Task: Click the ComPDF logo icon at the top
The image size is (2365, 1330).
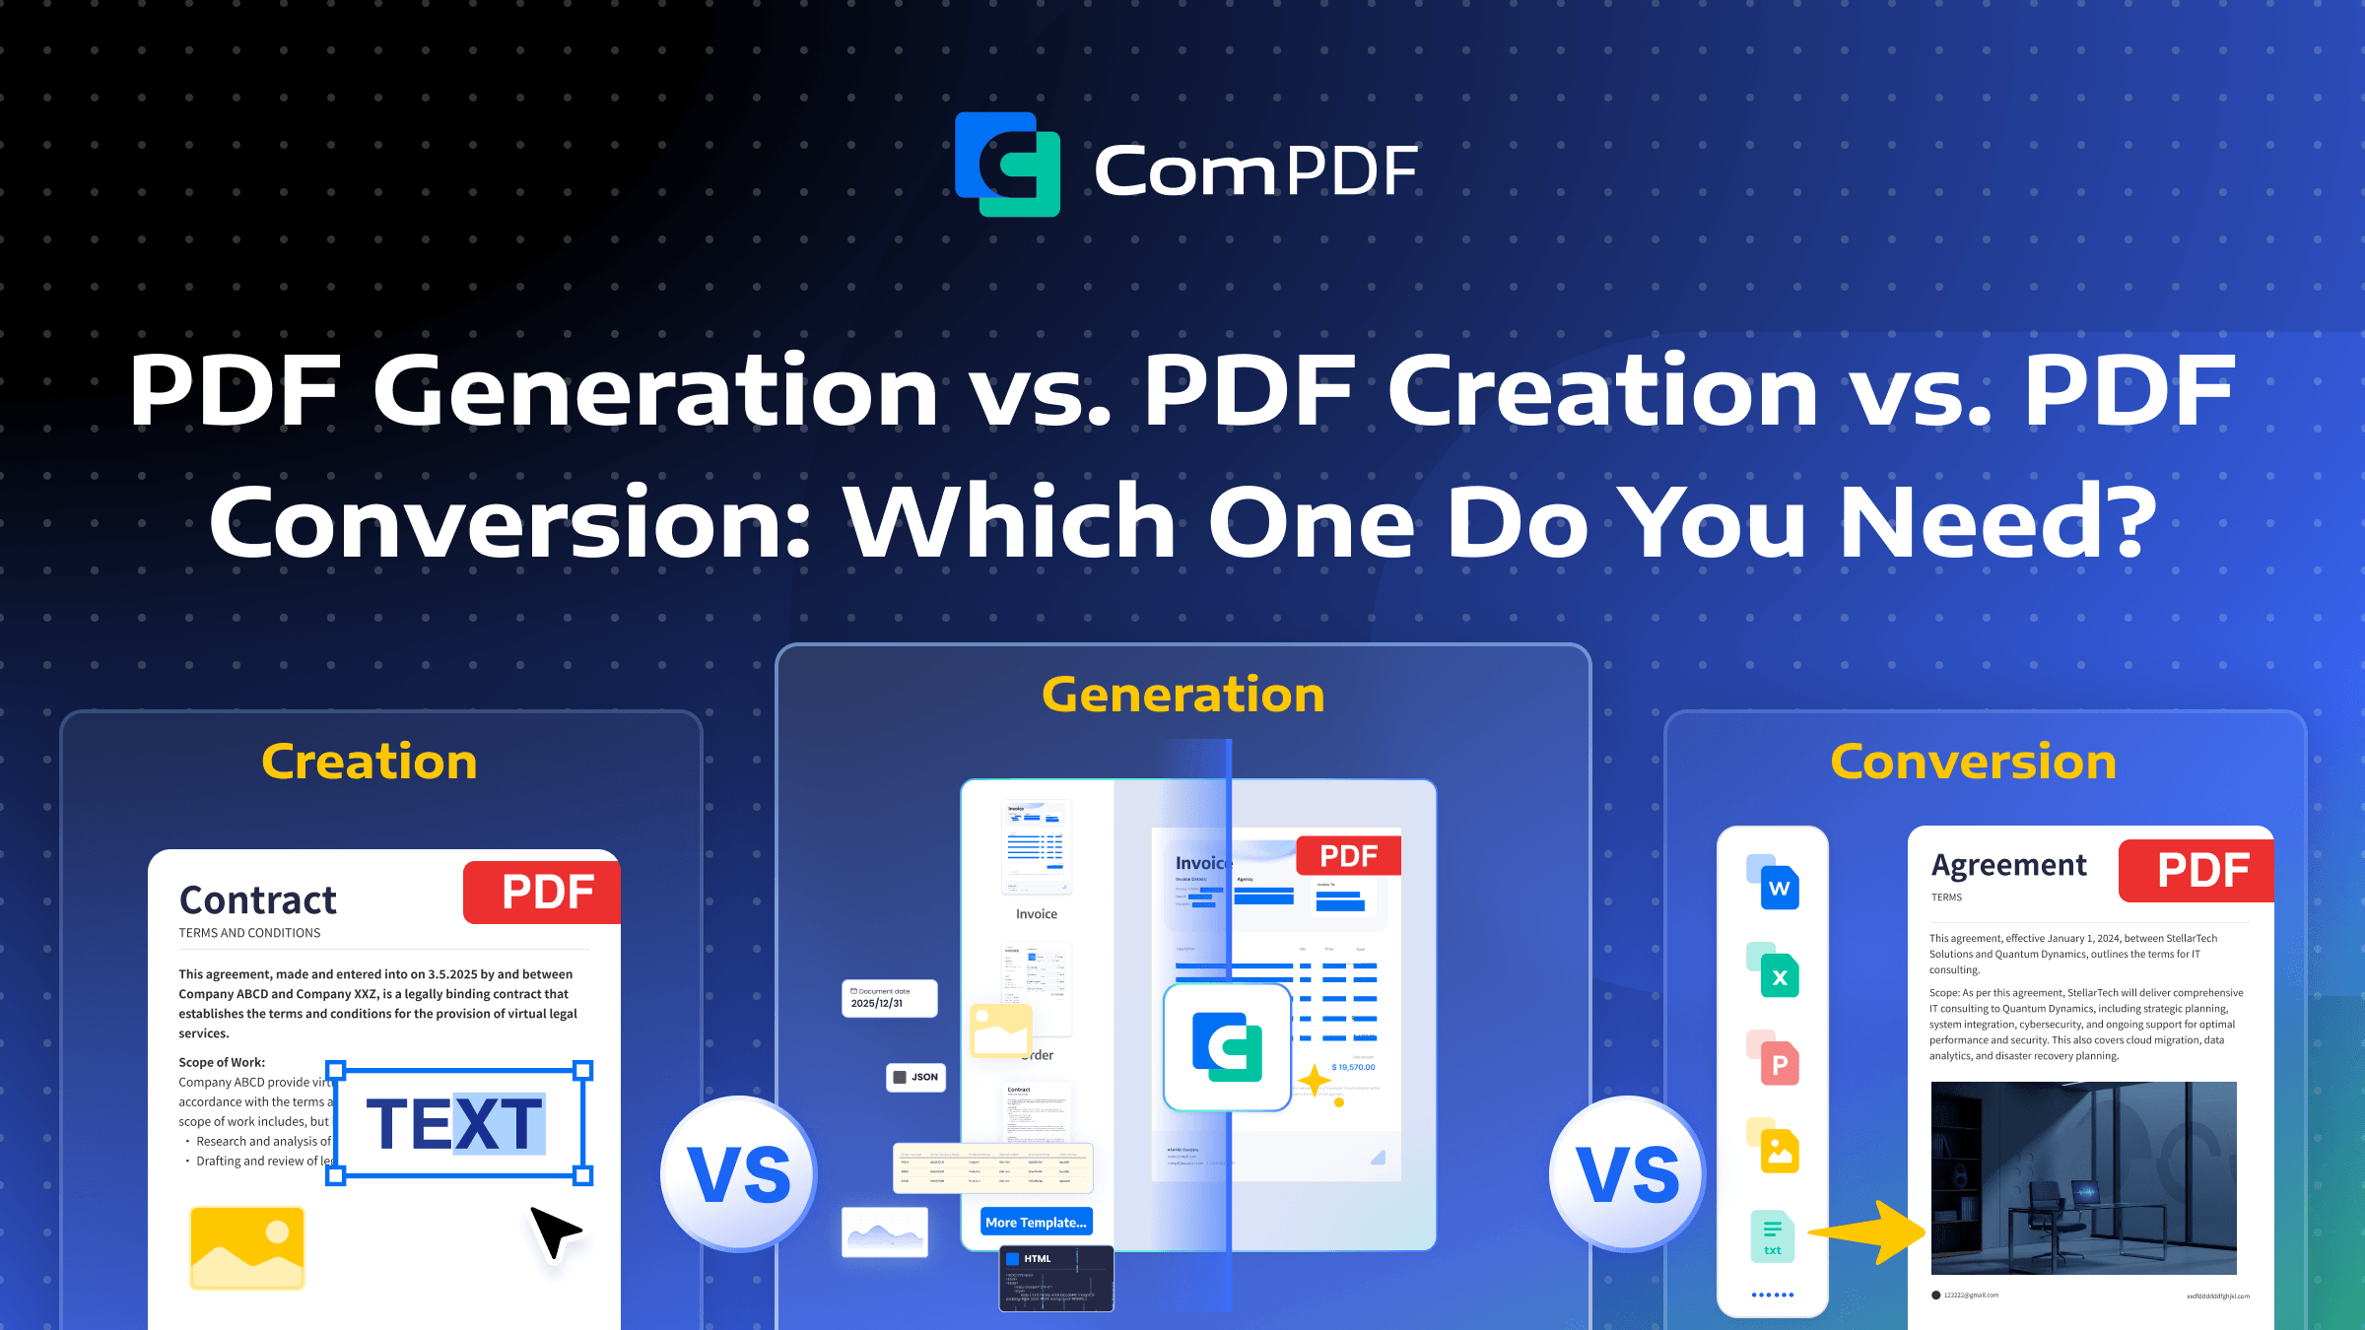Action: [1007, 165]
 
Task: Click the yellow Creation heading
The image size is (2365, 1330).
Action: [370, 762]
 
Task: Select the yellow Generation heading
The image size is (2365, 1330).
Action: [1182, 695]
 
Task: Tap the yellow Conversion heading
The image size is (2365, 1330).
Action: [1973, 762]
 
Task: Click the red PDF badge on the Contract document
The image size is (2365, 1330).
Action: [545, 893]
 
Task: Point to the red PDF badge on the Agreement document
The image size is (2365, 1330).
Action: [2200, 871]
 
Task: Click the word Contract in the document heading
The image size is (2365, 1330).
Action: [258, 899]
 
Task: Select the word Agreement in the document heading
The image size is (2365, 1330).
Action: [2008, 865]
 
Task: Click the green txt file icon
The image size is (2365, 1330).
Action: [1773, 1236]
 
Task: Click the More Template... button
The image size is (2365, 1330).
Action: [1036, 1223]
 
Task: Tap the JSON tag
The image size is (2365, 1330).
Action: [915, 1077]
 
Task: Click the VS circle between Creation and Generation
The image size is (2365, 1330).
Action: [739, 1174]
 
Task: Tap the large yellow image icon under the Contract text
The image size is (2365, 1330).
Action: [247, 1247]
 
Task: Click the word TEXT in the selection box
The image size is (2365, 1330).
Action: [454, 1123]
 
